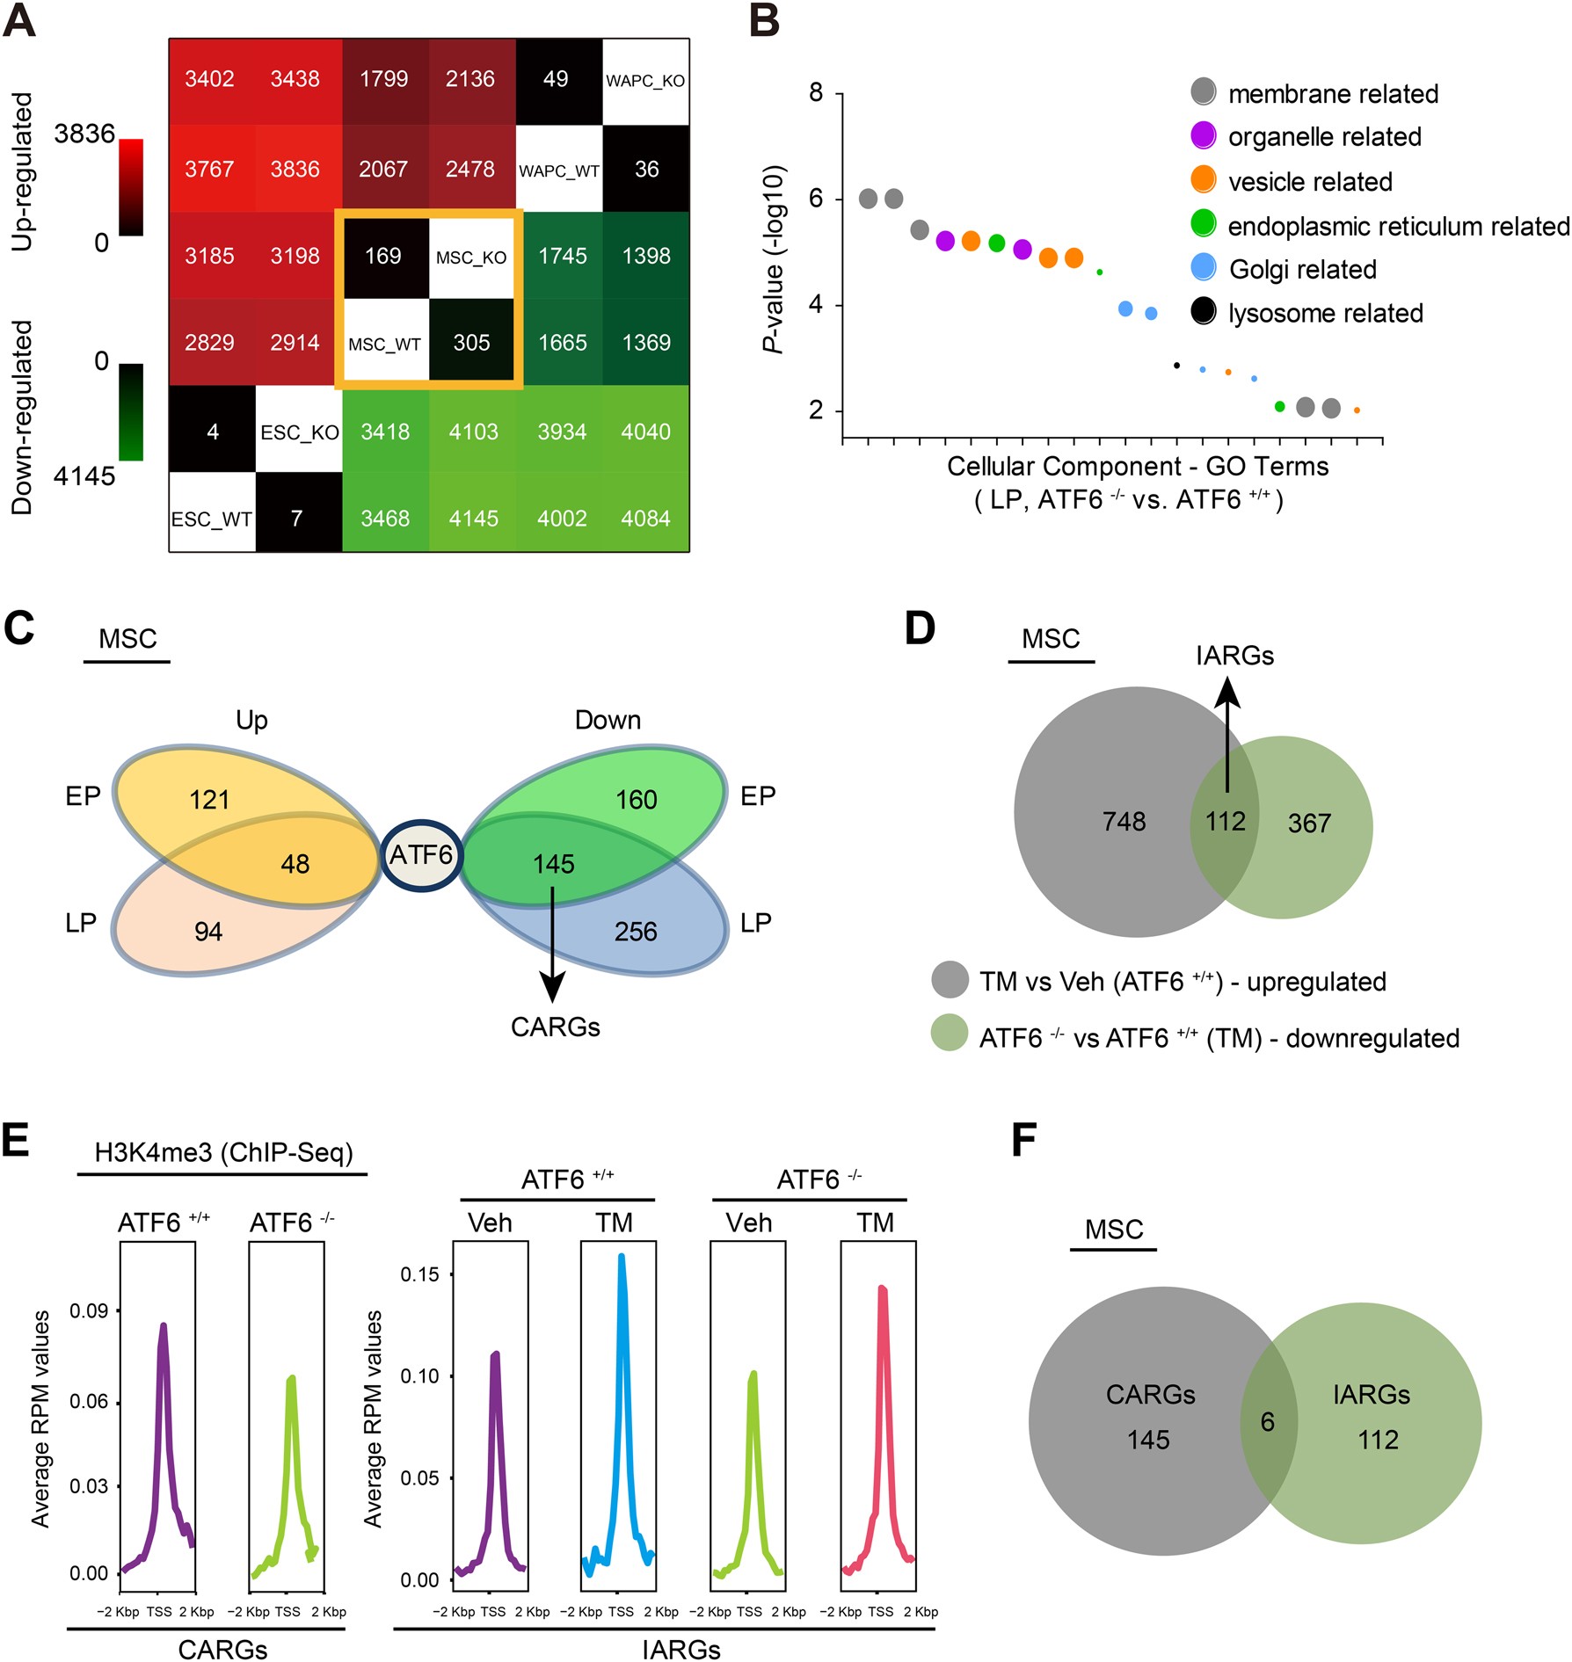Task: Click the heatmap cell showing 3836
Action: point(295,169)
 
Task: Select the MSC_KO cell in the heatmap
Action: point(471,258)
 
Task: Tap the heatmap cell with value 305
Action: point(471,343)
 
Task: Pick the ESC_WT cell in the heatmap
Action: point(212,519)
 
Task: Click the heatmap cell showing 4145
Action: point(473,519)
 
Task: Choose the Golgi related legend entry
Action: point(1302,269)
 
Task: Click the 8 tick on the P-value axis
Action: point(816,92)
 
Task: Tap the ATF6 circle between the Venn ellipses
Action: point(421,854)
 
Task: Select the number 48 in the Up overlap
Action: point(295,864)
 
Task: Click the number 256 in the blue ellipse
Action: point(636,932)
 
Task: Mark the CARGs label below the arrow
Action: point(555,1027)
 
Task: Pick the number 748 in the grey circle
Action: point(1124,822)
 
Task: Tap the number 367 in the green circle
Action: point(1309,824)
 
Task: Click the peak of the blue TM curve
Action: point(621,1256)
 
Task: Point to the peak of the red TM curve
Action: point(882,1288)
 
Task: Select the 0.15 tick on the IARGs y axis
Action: point(419,1274)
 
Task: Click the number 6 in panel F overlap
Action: point(1267,1422)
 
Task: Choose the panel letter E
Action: point(17,1141)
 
